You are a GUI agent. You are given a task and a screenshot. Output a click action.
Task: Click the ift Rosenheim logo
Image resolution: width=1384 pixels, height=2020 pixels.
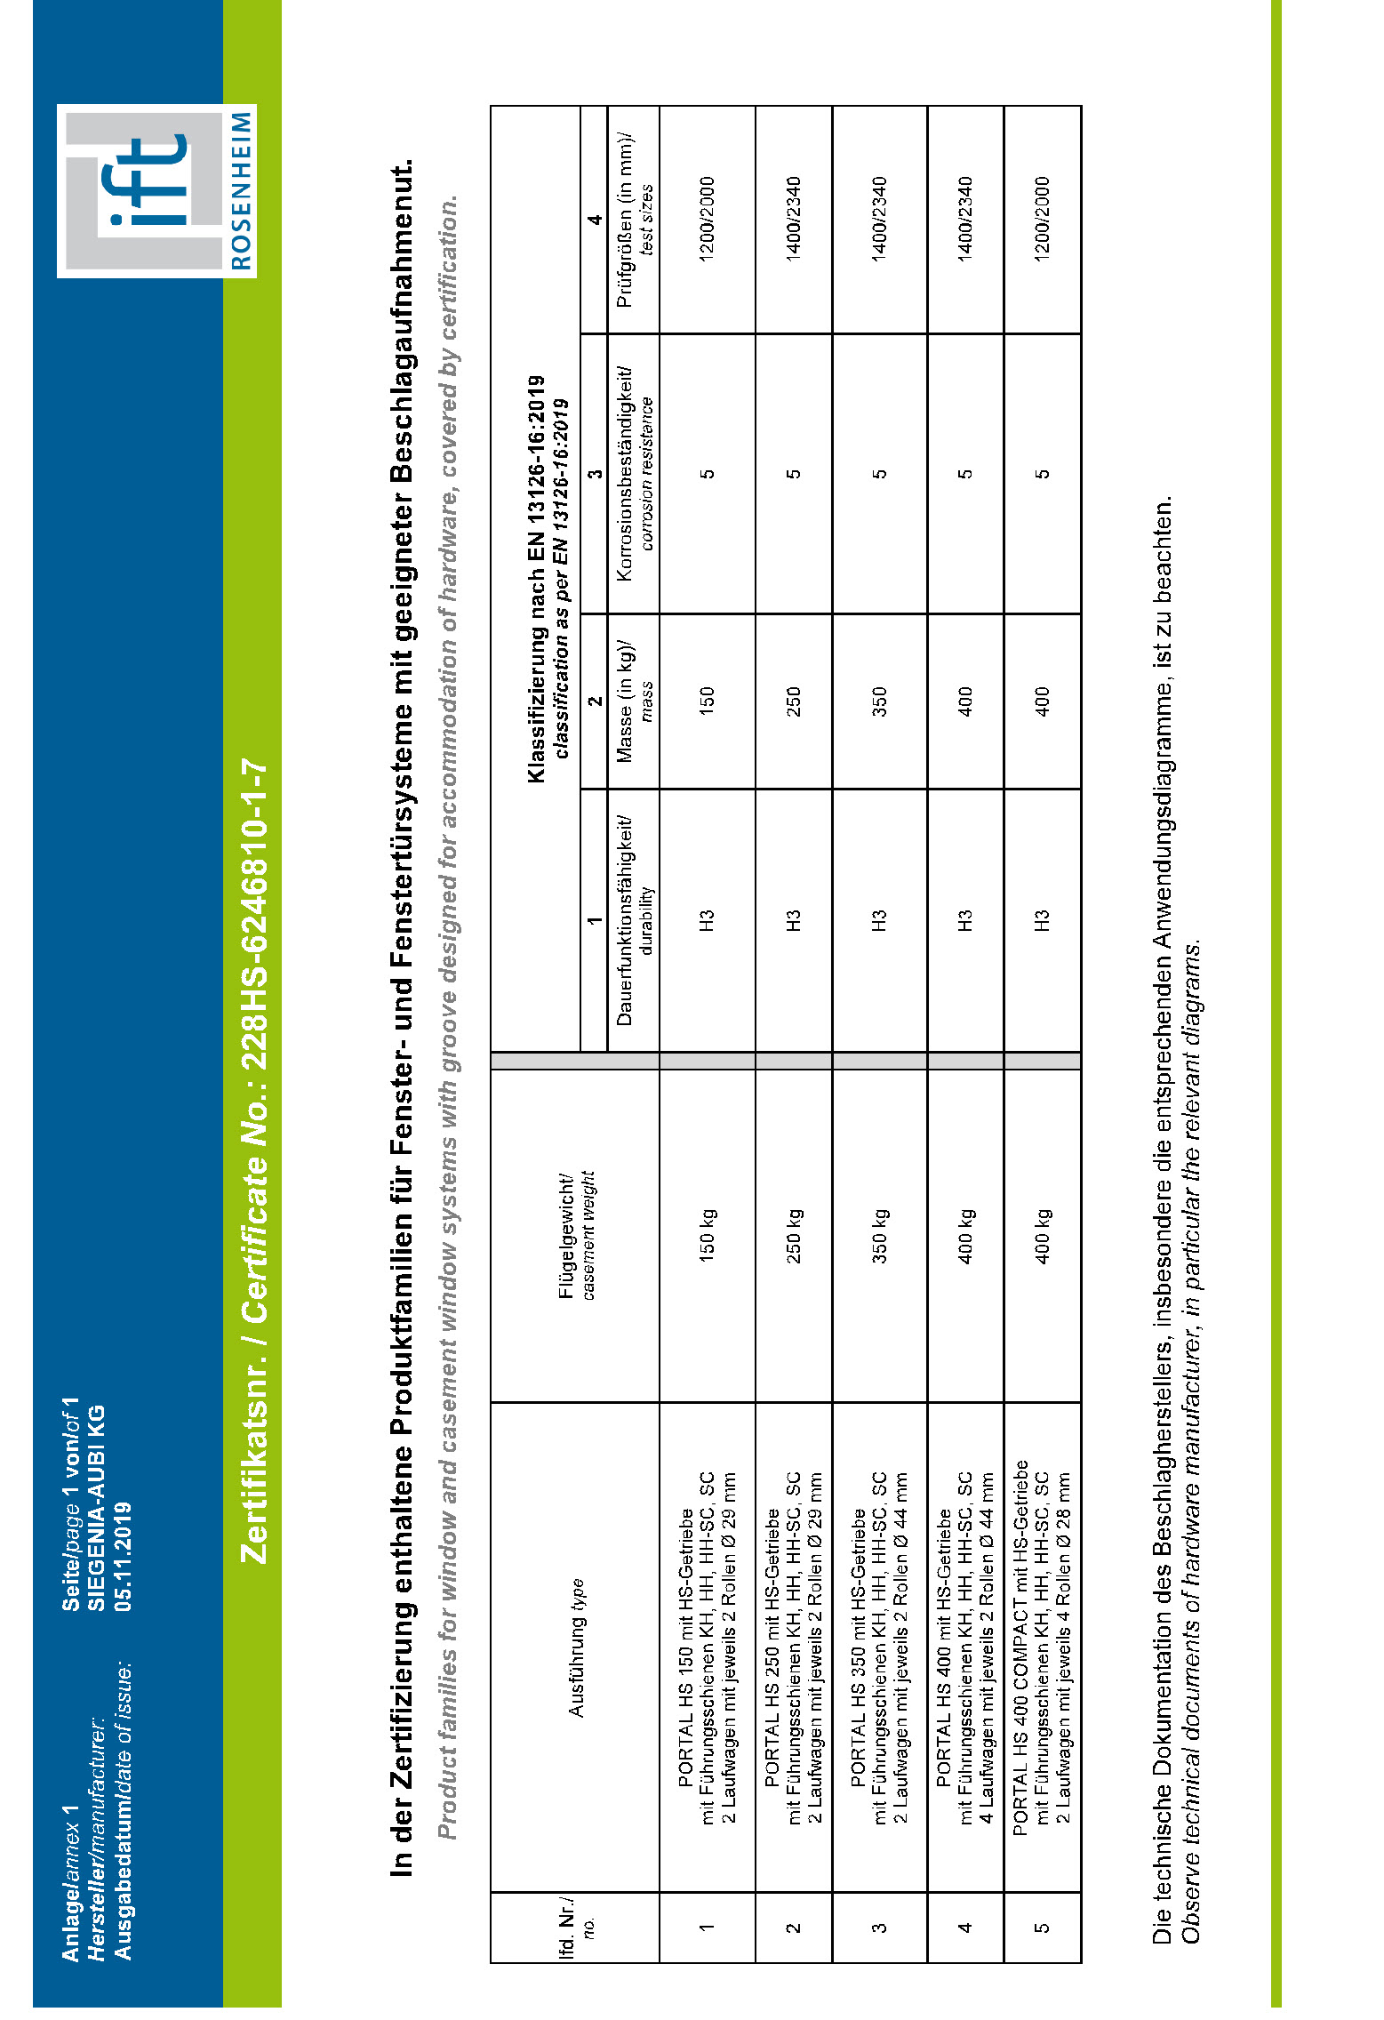point(156,191)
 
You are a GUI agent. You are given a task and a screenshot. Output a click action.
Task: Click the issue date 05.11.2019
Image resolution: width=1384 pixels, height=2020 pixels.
point(123,1556)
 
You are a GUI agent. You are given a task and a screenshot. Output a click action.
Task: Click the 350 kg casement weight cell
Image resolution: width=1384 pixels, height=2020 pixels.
point(879,1235)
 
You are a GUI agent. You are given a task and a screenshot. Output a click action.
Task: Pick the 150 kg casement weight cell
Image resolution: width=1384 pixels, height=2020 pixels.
point(708,1235)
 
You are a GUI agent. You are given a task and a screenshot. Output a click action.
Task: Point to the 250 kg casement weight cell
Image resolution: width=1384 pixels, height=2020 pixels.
point(794,1235)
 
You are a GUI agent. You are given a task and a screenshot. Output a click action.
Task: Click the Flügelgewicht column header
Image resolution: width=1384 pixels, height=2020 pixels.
point(576,1235)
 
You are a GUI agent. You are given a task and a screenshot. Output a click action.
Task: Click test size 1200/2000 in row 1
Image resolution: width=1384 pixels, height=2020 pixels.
point(708,220)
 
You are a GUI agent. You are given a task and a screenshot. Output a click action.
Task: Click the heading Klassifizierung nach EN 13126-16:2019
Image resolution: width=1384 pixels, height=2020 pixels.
point(536,578)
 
